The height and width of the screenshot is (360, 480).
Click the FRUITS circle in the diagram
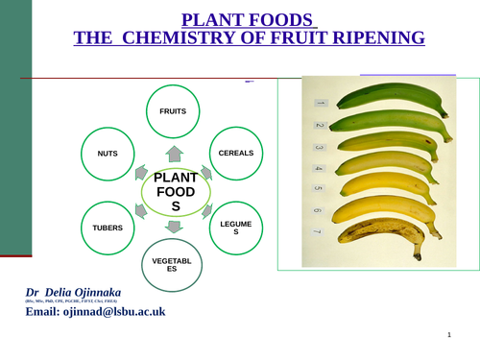[x=173, y=111]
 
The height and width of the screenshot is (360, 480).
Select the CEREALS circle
[x=236, y=153]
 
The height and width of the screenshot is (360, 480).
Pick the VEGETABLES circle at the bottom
[x=173, y=264]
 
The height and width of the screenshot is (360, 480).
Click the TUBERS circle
[x=108, y=228]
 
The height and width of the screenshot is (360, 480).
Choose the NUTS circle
[x=108, y=153]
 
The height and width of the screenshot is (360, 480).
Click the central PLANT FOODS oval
[x=175, y=192]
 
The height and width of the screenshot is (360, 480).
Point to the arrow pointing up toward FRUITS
[x=174, y=153]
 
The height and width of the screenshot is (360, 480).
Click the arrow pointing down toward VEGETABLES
[x=174, y=228]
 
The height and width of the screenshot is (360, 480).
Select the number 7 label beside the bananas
[x=318, y=232]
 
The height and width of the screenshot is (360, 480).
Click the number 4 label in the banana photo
[x=319, y=169]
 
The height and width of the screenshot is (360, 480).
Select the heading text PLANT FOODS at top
[x=248, y=19]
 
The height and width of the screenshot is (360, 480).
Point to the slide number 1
[x=448, y=335]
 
